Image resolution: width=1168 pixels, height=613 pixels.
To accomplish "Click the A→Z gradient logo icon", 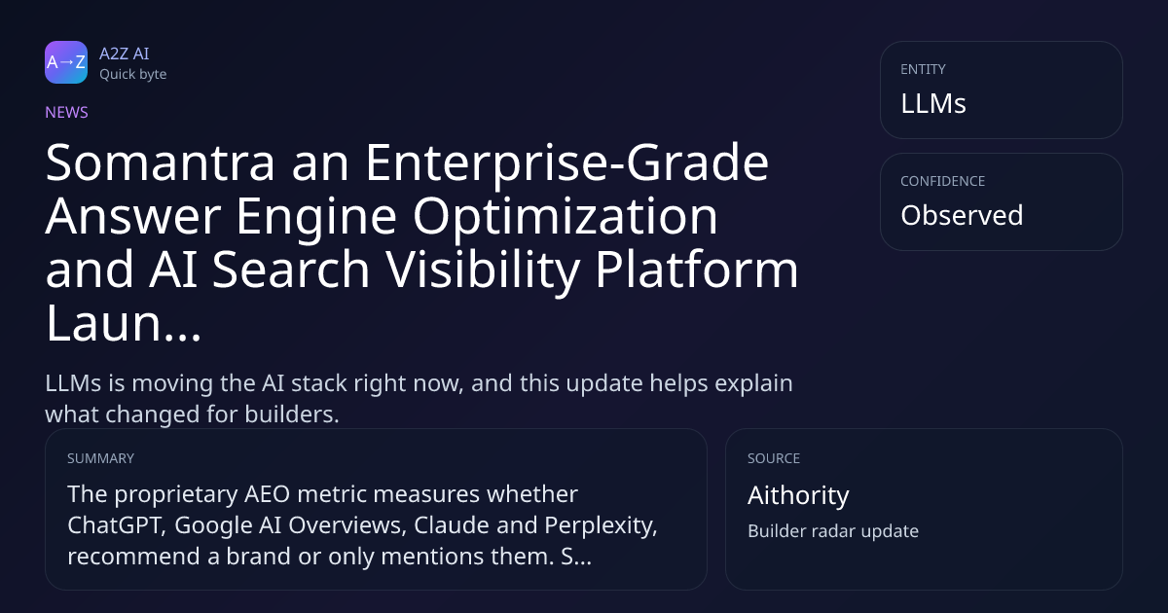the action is pos(66,62).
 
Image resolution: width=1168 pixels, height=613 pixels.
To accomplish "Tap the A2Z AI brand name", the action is pos(125,54).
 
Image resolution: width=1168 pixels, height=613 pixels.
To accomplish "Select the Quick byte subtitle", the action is pos(133,75).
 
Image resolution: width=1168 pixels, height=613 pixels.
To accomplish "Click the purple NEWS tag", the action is pos(67,112).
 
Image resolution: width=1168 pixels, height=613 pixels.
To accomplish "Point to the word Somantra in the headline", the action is pos(160,162).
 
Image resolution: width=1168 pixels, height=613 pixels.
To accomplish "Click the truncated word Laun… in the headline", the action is pos(123,323).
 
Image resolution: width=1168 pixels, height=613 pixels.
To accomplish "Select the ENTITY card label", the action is pos(923,69).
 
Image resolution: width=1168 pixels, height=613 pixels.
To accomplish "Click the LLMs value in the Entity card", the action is pos(933,103).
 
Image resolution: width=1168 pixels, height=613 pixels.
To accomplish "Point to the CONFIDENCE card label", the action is pos(943,181).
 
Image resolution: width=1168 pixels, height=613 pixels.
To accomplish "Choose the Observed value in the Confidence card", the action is pos(962,215).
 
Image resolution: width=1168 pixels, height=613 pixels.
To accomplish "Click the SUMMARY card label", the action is pos(100,458).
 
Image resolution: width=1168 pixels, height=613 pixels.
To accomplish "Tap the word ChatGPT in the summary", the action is pos(117,524).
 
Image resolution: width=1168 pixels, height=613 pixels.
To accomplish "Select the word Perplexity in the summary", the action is pos(601,525).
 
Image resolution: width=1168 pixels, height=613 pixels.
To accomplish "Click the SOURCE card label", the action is pos(774,458).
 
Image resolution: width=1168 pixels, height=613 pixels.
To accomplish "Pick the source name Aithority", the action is pos(798,495).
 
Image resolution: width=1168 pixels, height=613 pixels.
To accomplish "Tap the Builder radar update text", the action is pos(833,531).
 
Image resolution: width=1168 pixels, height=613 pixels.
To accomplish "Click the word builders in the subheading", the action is pos(292,415).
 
